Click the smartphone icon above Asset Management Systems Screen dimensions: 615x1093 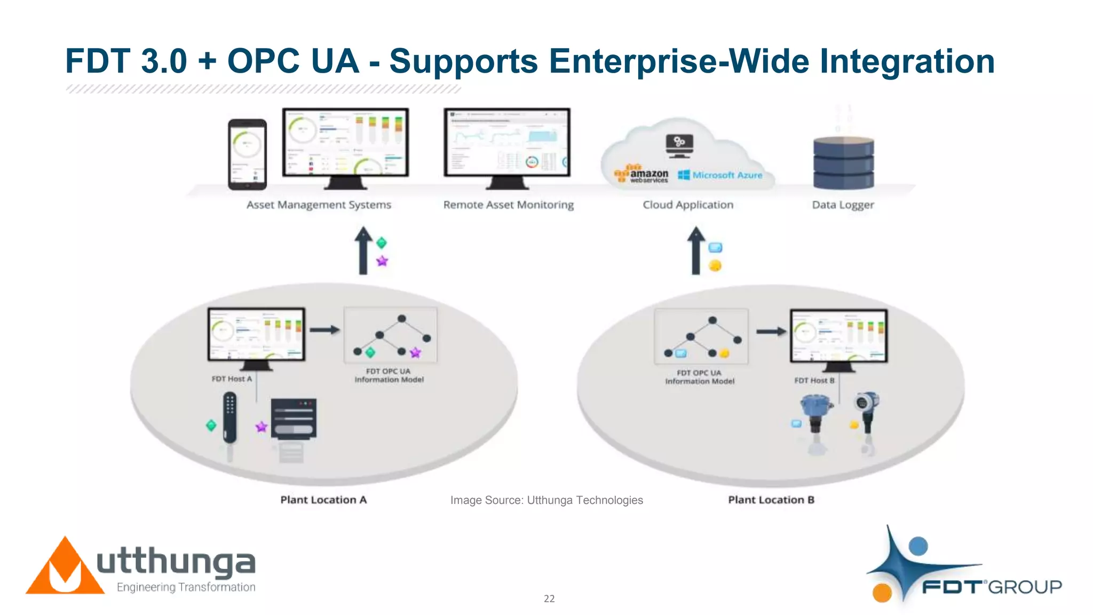coord(247,155)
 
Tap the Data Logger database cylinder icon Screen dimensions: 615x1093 coord(843,162)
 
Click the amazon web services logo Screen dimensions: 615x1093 coord(642,175)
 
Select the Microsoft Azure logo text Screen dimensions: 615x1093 coord(727,175)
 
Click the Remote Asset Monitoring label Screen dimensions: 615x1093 coord(508,205)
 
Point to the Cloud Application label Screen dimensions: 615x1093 coord(687,205)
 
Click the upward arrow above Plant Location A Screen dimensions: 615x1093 coord(363,251)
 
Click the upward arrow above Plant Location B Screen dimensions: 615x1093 coord(695,251)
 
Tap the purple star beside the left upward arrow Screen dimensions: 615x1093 coord(382,261)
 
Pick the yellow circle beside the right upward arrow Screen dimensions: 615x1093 coord(715,265)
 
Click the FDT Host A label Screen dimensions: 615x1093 coord(231,379)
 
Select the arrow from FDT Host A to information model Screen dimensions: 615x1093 coord(324,330)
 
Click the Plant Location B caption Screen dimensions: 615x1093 coord(771,500)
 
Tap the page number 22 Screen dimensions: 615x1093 coord(549,599)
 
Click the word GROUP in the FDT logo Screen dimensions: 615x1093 coord(1025,587)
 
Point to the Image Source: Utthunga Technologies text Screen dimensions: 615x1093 coord(546,500)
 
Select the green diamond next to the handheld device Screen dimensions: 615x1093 coord(211,425)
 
